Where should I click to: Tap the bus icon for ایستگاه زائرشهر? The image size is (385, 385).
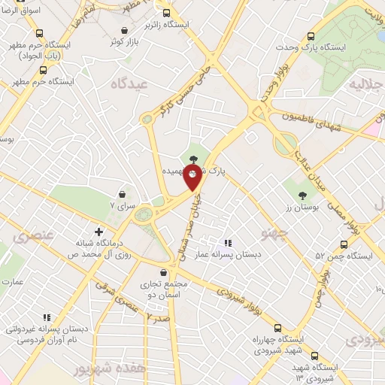tap(167, 14)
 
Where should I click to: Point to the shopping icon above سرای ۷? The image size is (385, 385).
tap(122, 195)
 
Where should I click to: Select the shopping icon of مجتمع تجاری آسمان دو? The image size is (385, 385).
tap(164, 273)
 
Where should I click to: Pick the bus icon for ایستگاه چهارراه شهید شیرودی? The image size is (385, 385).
tap(277, 328)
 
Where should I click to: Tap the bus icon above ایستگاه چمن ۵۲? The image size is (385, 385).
tap(344, 244)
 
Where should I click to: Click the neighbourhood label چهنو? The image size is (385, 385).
tap(266, 222)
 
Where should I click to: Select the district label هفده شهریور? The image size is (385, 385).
tap(104, 370)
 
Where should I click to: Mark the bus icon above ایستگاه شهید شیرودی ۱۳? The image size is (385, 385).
tap(314, 356)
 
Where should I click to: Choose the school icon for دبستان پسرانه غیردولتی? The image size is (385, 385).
tap(47, 318)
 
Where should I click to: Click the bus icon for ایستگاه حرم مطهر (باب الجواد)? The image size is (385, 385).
tap(40, 33)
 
